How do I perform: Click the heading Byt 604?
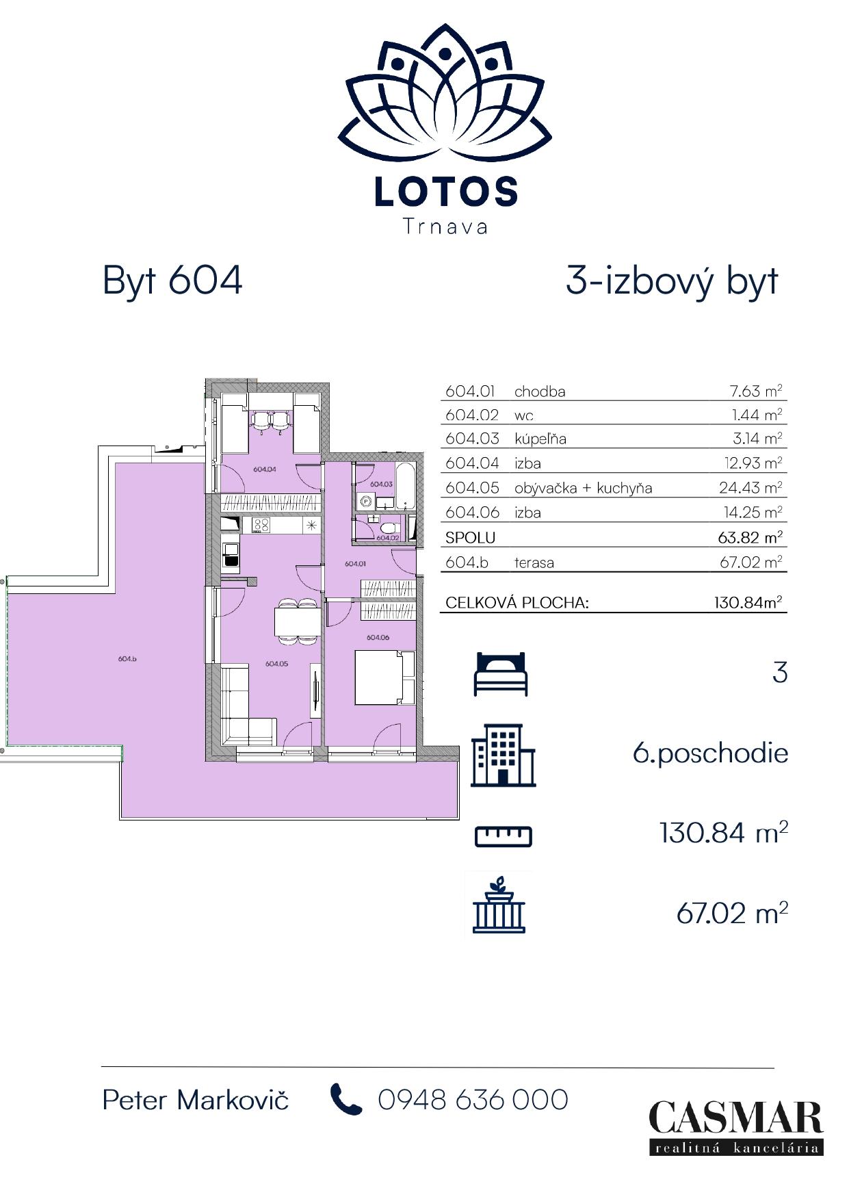[172, 281]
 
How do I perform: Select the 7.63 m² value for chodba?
[755, 391]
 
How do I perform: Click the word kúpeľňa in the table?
[540, 439]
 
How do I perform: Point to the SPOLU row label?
[470, 538]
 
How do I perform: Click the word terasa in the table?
[534, 563]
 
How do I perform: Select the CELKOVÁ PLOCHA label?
[517, 603]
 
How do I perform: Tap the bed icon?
[501, 674]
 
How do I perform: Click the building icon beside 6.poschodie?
[504, 755]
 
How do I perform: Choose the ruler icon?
[503, 836]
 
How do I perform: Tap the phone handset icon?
[346, 1099]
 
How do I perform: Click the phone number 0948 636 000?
[473, 1100]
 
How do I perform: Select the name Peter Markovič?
[196, 1100]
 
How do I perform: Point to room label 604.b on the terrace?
[128, 659]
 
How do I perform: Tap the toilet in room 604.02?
[388, 529]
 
